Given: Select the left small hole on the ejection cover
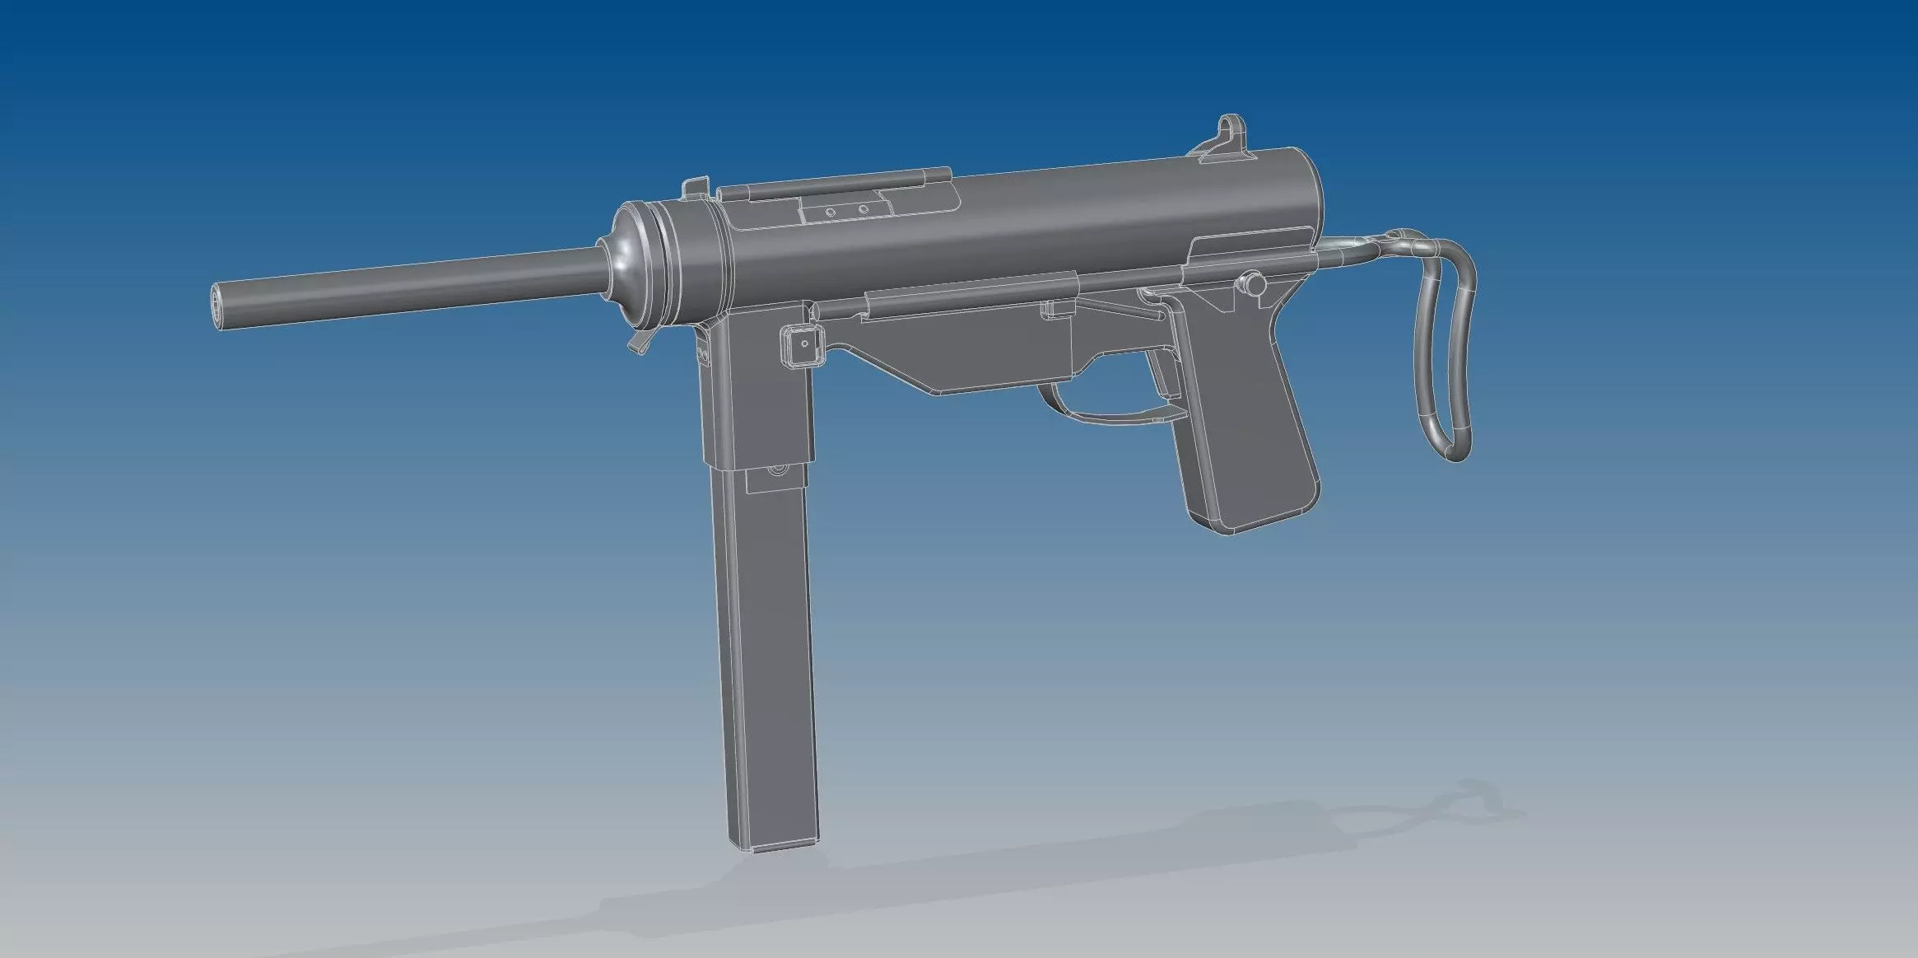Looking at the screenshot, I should click(x=830, y=213).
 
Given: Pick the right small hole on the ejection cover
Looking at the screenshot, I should click(x=863, y=209).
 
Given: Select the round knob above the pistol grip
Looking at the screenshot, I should click(x=1255, y=283).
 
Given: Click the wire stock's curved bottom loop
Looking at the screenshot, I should click(x=1449, y=449).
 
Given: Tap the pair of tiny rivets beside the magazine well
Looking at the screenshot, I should click(x=702, y=353).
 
